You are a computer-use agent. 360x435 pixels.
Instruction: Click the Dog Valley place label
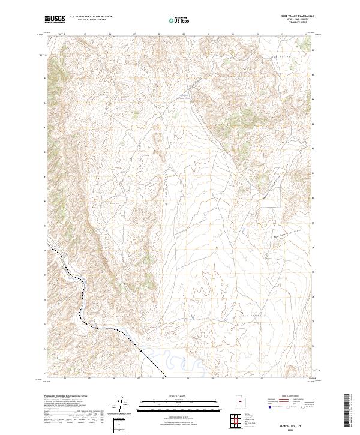pyautogui.click(x=280, y=56)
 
